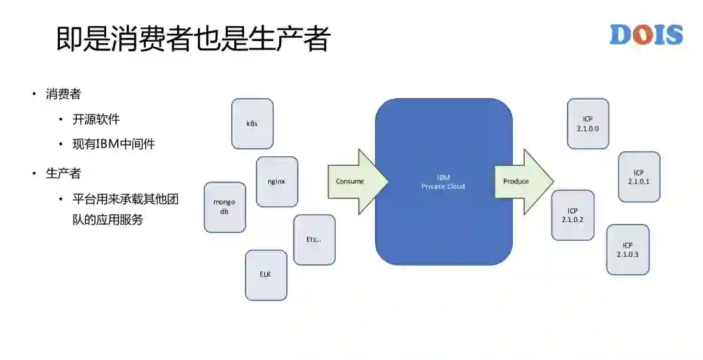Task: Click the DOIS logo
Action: tap(646, 35)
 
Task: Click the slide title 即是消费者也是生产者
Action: tap(193, 39)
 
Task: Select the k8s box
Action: tap(252, 124)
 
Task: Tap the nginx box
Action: tap(277, 182)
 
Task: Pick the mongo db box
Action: tap(225, 207)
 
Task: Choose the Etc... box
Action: tap(314, 240)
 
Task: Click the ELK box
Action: tap(266, 275)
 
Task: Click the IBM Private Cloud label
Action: tap(443, 182)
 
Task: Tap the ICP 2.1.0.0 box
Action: tap(588, 124)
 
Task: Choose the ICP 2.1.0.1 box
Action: tap(639, 177)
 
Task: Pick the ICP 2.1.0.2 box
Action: tap(573, 215)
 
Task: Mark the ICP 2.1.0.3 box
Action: tap(627, 249)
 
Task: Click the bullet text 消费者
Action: tap(63, 94)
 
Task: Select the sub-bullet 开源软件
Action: tap(96, 119)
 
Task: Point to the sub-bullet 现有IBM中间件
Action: tap(114, 144)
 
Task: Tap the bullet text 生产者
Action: tap(63, 174)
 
